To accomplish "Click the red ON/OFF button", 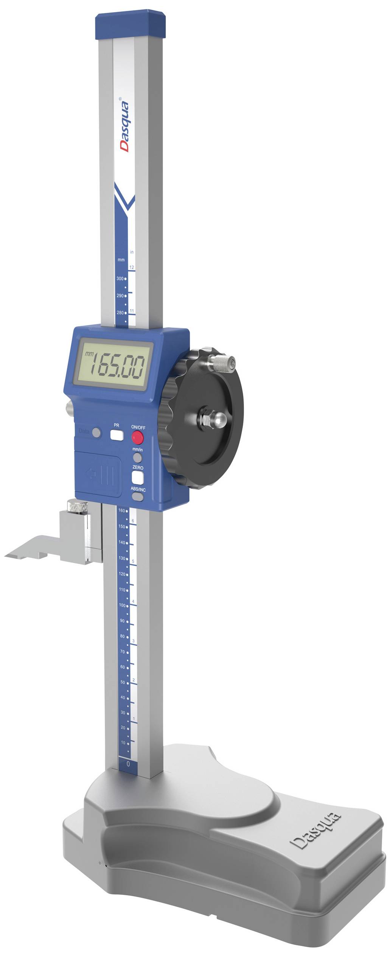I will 137,438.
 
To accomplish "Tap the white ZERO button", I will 138,478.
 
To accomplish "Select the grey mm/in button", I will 138,458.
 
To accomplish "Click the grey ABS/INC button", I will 138,497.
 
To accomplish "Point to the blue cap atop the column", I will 131,26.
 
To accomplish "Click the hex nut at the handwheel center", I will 206,419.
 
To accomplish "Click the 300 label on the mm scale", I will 120,279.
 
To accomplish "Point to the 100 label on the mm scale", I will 122,605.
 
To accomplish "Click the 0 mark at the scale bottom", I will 128,764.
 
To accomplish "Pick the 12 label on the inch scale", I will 132,267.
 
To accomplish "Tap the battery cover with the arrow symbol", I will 99,474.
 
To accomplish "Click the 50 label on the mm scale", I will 122,682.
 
